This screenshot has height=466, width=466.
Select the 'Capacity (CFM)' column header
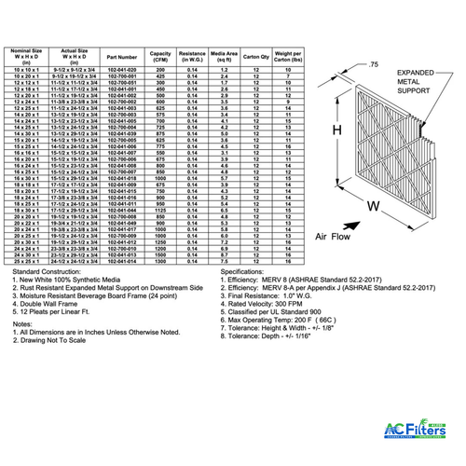(161, 56)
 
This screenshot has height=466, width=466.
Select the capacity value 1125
(161, 211)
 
